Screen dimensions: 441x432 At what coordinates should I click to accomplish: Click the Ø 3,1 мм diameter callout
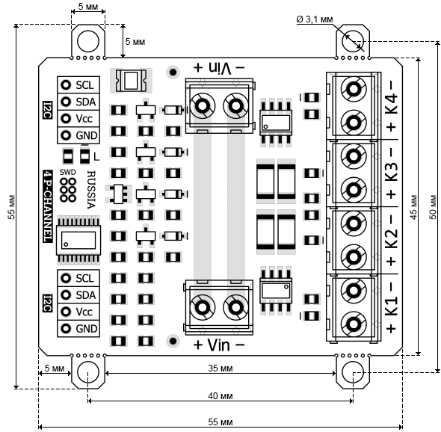[x=315, y=19]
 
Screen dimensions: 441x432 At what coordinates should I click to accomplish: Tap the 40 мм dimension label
[x=220, y=396]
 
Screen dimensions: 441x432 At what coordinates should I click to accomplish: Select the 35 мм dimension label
[x=220, y=368]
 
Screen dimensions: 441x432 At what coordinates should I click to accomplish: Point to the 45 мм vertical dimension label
[x=413, y=207]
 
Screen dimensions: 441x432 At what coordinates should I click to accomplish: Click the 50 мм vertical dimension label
[x=434, y=207]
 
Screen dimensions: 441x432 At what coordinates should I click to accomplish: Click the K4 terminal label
[x=392, y=103]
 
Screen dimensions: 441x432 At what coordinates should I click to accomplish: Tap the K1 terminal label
[x=392, y=306]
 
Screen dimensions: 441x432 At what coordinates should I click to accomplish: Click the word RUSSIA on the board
[x=91, y=190]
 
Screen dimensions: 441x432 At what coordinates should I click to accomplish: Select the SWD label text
[x=68, y=172]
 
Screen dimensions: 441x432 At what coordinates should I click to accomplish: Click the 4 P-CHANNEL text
[x=48, y=206]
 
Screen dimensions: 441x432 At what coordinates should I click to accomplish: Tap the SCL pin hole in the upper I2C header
[x=66, y=84]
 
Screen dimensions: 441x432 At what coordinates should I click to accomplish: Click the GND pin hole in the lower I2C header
[x=66, y=328]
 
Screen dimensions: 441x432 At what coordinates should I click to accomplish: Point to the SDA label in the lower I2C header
[x=86, y=295]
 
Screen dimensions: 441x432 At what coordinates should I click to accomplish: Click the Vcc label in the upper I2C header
[x=84, y=118]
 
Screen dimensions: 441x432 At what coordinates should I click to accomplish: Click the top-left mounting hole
[x=88, y=41]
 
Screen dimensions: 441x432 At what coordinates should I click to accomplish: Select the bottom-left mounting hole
[x=88, y=371]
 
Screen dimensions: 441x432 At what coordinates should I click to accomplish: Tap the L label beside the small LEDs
[x=96, y=157]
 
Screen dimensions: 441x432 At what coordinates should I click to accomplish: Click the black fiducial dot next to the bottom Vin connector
[x=173, y=341]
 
